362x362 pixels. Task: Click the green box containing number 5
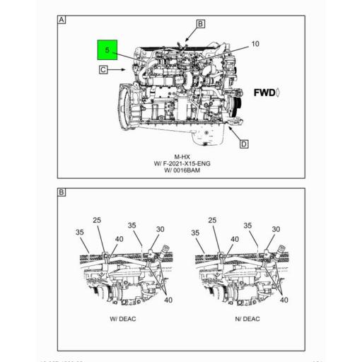click(x=108, y=52)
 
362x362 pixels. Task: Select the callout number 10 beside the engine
click(x=255, y=44)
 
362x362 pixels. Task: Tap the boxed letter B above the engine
click(x=200, y=24)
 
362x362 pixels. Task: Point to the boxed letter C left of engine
click(x=103, y=69)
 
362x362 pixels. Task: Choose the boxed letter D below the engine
click(x=243, y=144)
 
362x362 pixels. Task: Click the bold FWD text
click(x=266, y=93)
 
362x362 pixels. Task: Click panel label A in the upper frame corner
click(x=62, y=20)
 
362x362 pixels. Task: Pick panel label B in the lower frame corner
click(x=62, y=192)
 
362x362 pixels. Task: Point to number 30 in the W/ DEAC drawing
click(x=160, y=230)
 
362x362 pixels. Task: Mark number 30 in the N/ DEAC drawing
click(x=276, y=229)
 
